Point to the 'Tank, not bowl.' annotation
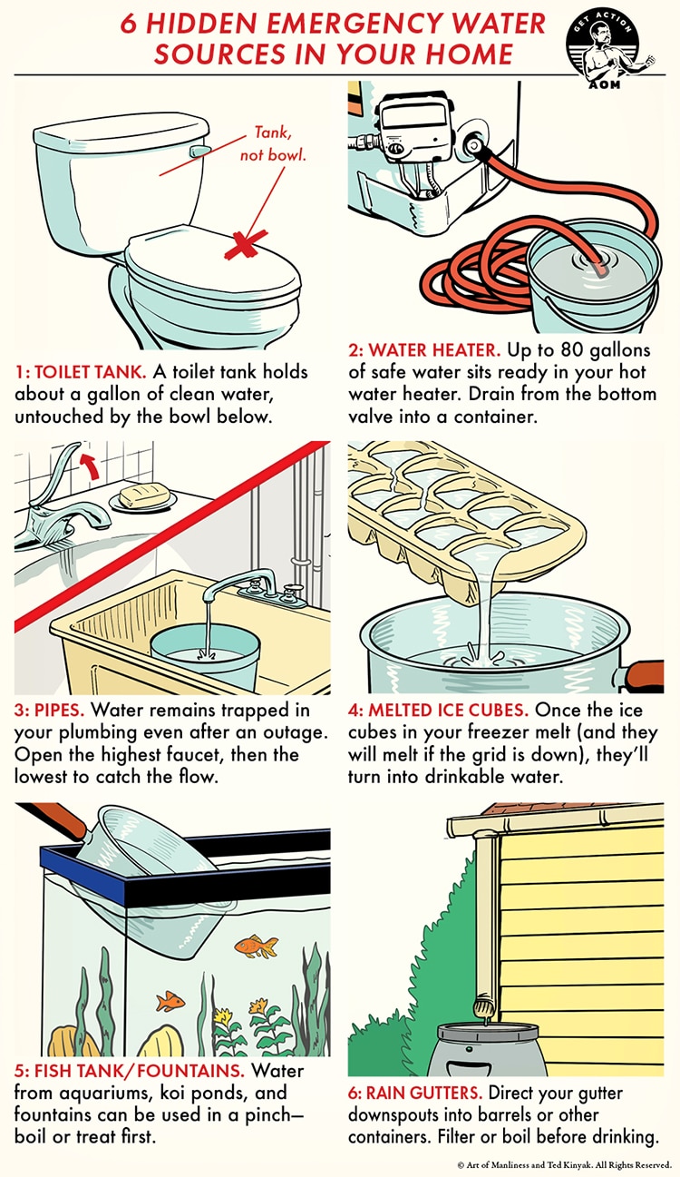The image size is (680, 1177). (273, 145)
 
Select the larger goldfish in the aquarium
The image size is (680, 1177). (257, 947)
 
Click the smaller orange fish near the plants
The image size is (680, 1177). (169, 1001)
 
